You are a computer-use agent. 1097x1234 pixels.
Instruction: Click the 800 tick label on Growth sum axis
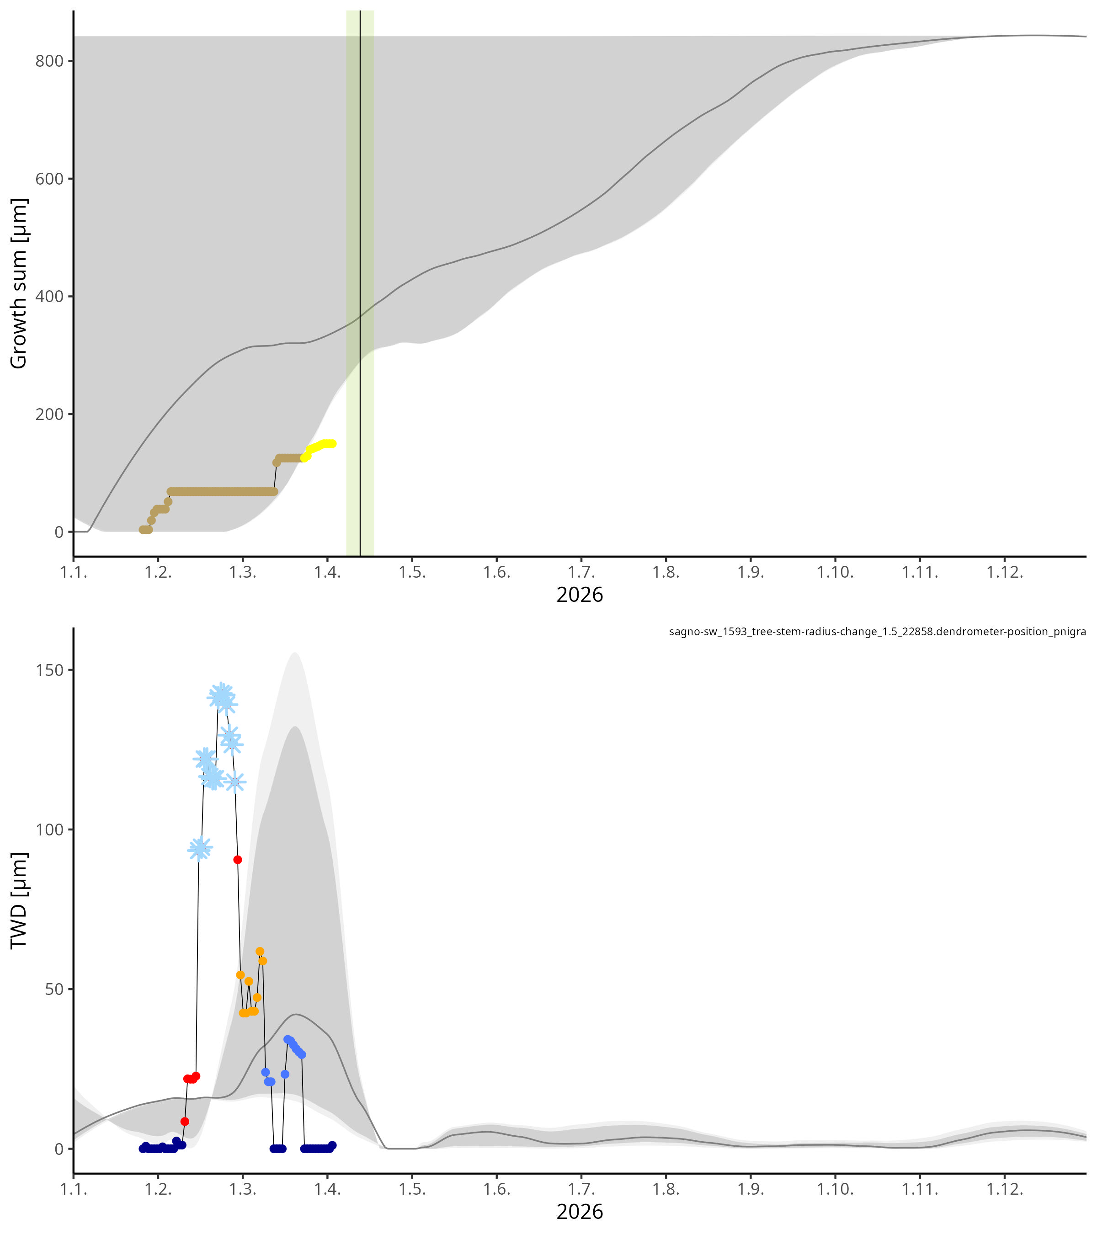tap(49, 61)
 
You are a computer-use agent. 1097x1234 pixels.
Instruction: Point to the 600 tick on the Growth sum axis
tap(49, 179)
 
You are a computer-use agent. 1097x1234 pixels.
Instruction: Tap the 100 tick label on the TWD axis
tap(49, 830)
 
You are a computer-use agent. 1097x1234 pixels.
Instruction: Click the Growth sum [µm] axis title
tap(19, 283)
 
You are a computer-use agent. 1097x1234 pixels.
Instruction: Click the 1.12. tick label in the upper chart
tap(1005, 572)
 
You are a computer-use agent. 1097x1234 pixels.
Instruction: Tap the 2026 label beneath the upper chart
tap(580, 595)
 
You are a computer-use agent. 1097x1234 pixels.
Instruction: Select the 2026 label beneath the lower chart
tap(580, 1212)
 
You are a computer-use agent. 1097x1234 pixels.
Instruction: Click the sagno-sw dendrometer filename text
tap(877, 632)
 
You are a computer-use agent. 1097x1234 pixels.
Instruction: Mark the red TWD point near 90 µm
tap(238, 860)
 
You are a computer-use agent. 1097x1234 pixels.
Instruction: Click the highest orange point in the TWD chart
tap(260, 952)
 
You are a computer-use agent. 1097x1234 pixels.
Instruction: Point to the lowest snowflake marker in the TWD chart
tap(200, 849)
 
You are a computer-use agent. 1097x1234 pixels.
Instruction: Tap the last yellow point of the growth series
tap(332, 444)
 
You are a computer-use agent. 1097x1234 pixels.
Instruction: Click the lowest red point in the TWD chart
tap(185, 1121)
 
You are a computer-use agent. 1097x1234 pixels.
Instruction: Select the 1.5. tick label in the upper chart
tap(412, 572)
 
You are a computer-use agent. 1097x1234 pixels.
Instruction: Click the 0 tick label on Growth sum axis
tap(59, 532)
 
